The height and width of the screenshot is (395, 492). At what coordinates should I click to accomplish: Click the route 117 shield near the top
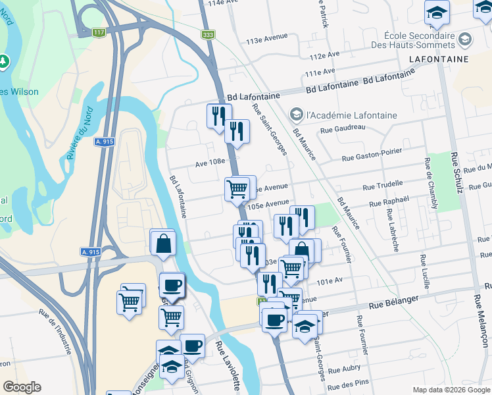click(x=99, y=32)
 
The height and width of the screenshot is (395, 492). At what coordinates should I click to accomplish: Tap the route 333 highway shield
click(x=209, y=34)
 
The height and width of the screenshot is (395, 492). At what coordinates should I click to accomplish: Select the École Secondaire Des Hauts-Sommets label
click(x=422, y=39)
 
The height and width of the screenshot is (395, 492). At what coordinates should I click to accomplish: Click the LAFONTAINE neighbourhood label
click(x=438, y=59)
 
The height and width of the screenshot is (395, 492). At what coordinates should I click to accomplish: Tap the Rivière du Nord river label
click(x=78, y=141)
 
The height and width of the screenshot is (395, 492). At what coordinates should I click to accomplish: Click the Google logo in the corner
click(x=22, y=386)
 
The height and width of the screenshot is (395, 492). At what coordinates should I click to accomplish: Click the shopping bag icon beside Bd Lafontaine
click(x=162, y=244)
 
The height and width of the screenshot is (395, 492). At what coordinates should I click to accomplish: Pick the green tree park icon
click(x=5, y=61)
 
